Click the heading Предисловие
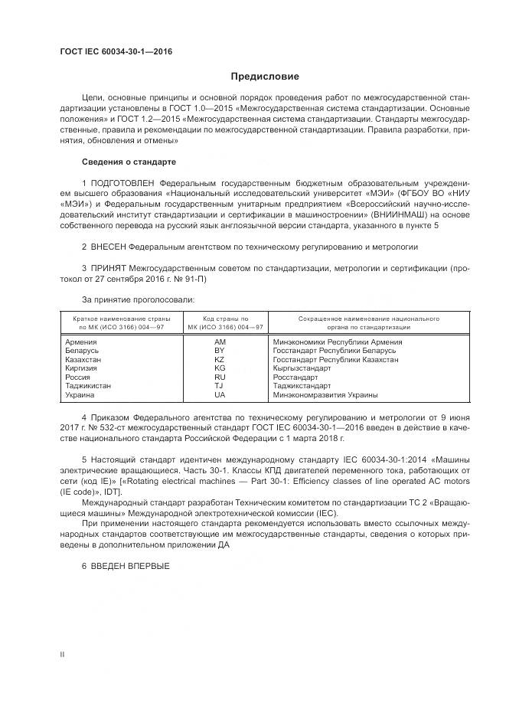265,77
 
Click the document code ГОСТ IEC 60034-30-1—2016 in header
116,51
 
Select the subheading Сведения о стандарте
129,162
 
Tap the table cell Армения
81,342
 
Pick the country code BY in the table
220,351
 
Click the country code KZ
220,359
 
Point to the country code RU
220,378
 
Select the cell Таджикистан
88,386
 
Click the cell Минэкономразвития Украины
325,395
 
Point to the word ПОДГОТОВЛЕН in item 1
122,184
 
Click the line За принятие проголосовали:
138,299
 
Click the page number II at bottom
62,654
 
